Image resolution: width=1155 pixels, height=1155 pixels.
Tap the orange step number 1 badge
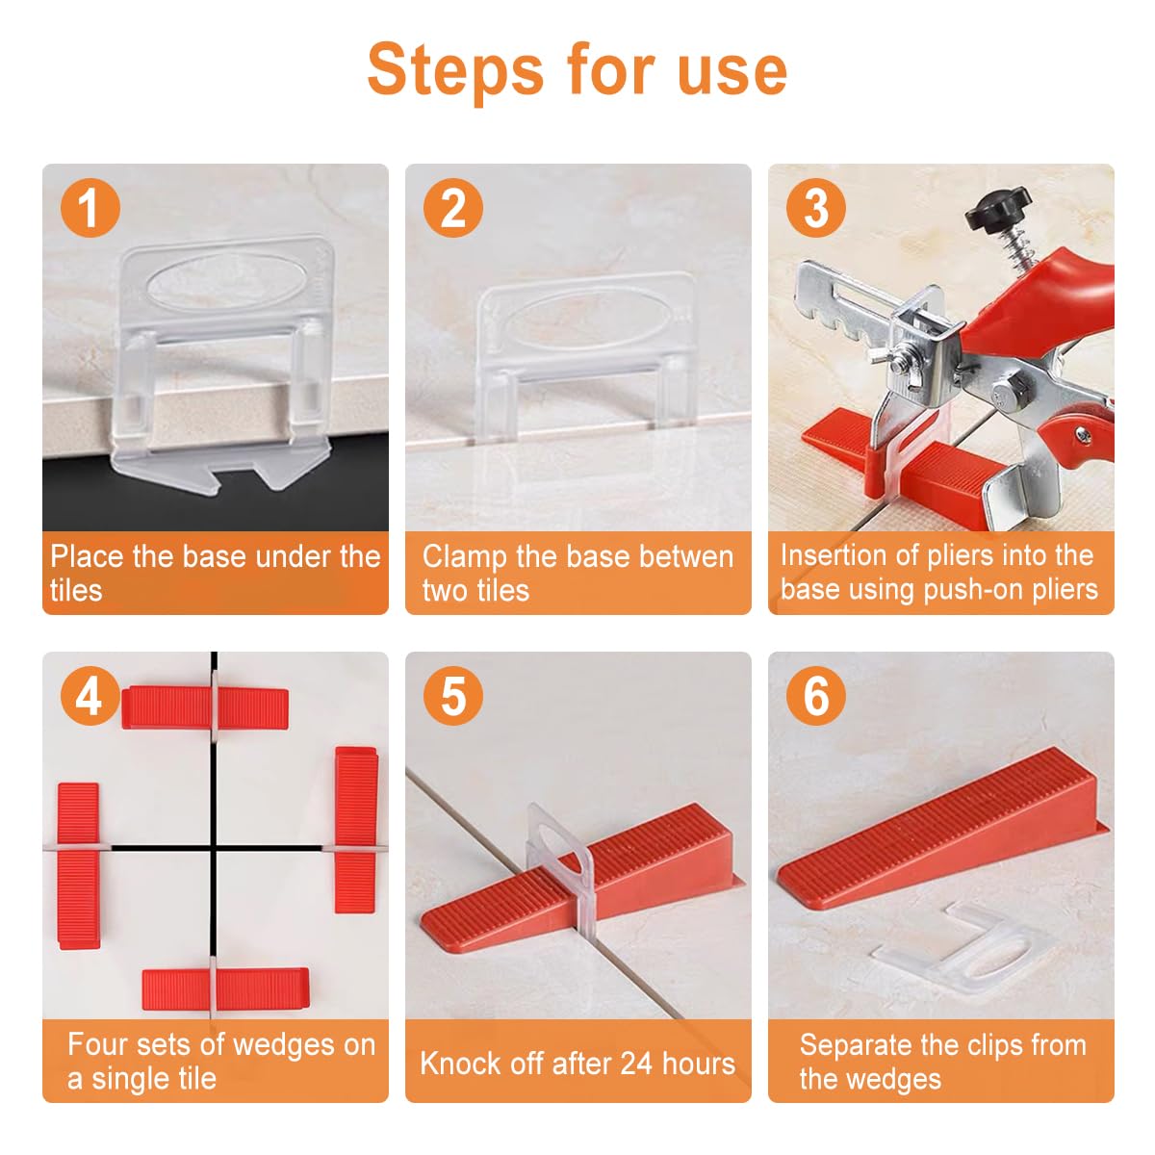[x=90, y=207]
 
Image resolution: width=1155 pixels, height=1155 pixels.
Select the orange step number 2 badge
[x=453, y=207]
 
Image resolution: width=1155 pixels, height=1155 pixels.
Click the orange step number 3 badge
[x=816, y=207]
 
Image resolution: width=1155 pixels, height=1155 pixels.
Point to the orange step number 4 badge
[x=90, y=696]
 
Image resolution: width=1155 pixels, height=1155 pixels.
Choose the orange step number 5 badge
[x=453, y=696]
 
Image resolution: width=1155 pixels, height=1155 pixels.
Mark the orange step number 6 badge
[x=816, y=696]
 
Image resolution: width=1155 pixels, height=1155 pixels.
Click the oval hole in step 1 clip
[x=226, y=283]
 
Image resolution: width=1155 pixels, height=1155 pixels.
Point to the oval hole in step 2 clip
[x=583, y=323]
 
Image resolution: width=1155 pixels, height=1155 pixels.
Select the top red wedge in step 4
[x=205, y=707]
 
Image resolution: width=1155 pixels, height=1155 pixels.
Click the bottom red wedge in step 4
[x=226, y=989]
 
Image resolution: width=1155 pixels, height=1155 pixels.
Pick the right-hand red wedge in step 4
[x=356, y=830]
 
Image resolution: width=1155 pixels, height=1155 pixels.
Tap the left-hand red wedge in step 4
[x=79, y=865]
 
